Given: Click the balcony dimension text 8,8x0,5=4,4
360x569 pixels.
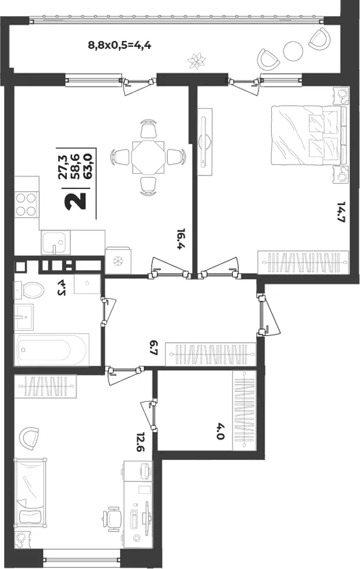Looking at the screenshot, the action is [120, 46].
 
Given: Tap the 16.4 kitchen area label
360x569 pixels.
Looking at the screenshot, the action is [181, 239].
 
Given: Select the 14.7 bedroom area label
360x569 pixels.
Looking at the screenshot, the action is [340, 213].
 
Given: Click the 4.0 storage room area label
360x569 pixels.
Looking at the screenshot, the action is [220, 432].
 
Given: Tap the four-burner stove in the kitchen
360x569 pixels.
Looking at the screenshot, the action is [27, 205].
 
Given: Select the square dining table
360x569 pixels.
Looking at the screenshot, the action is [148, 157].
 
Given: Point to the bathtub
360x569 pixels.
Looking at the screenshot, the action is [51, 350].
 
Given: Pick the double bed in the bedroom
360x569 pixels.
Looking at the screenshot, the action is [308, 135].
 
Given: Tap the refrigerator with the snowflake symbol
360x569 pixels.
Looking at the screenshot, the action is [118, 260].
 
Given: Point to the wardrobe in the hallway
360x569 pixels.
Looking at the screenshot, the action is [211, 354].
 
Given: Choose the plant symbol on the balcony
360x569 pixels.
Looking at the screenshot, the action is [197, 60].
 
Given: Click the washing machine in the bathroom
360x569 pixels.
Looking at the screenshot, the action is [87, 284].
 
